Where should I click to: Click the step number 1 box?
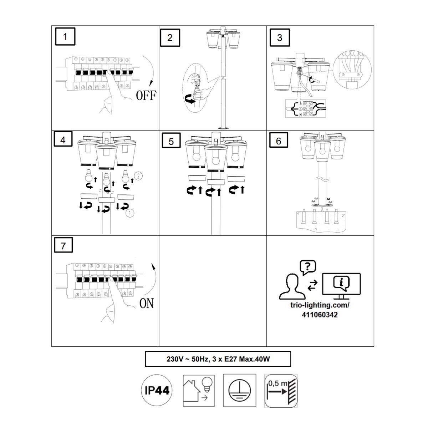65,37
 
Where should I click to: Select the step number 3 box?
280,37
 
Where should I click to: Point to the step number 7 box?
63,245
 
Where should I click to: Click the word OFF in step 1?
146,96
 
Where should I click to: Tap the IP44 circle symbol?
157,390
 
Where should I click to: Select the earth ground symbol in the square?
239,390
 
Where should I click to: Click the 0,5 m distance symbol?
281,391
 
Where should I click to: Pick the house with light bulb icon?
199,391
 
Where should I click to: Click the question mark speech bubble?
308,267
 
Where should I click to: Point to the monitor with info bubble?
341,286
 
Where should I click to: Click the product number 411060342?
320,315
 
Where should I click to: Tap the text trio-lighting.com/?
320,305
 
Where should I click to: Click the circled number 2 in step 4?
138,176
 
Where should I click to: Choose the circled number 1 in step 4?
130,213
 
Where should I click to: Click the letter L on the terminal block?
300,103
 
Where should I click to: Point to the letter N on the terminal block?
300,115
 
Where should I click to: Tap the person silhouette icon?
292,286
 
